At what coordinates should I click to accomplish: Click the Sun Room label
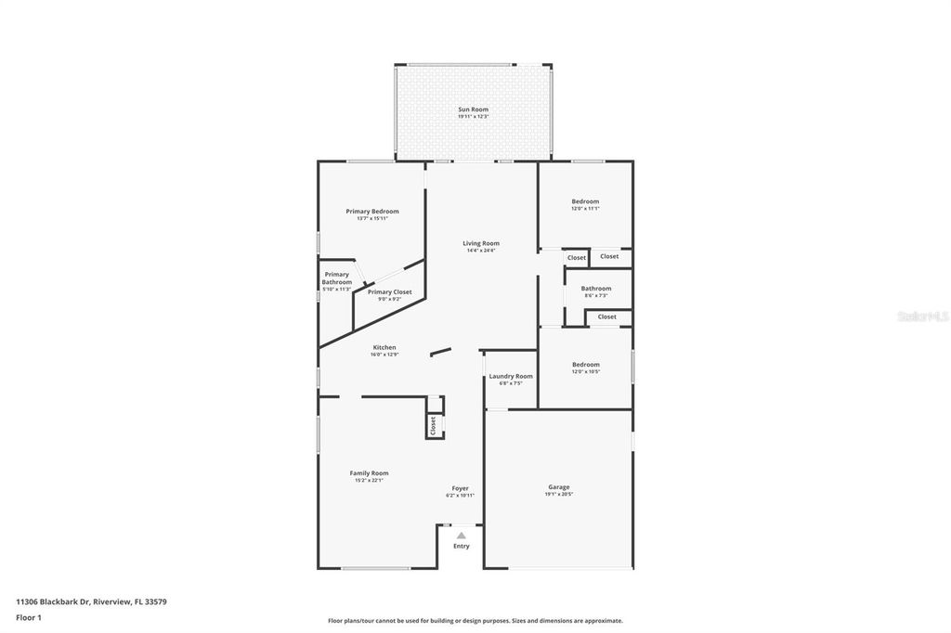473,110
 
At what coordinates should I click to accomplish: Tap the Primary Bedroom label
371,212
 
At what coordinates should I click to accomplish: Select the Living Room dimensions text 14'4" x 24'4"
481,251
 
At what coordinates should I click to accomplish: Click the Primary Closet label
389,291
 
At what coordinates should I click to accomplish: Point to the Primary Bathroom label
336,278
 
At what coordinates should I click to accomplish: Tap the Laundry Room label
511,376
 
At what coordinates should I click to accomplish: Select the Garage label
558,486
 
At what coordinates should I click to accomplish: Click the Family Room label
369,473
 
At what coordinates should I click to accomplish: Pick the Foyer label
460,488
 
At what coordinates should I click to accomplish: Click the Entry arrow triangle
462,536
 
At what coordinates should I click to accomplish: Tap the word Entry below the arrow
462,546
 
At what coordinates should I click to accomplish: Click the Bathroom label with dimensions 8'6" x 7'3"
596,289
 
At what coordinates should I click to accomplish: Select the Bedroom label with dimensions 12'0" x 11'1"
585,201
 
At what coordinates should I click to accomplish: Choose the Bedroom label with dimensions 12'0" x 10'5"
585,365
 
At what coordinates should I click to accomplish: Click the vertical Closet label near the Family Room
433,425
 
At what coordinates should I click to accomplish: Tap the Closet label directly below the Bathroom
606,316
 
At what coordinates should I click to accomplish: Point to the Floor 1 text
29,617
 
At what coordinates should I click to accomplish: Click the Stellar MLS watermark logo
921,316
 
